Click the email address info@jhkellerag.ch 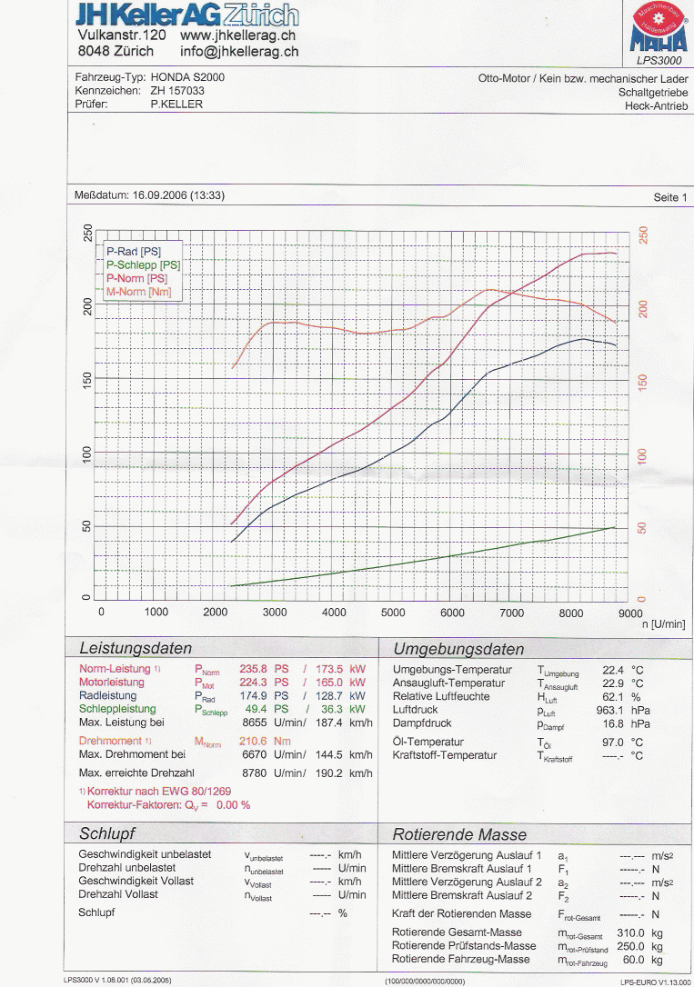tap(239, 52)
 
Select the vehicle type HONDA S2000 tap(187, 77)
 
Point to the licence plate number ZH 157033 tap(177, 91)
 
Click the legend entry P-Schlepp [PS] tap(143, 264)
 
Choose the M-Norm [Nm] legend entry tap(138, 292)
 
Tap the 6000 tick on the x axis tap(452, 613)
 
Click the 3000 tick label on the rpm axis tap(275, 613)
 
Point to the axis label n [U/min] tap(662, 625)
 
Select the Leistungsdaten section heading tap(136, 649)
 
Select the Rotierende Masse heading tap(458, 834)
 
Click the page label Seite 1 tap(670, 197)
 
